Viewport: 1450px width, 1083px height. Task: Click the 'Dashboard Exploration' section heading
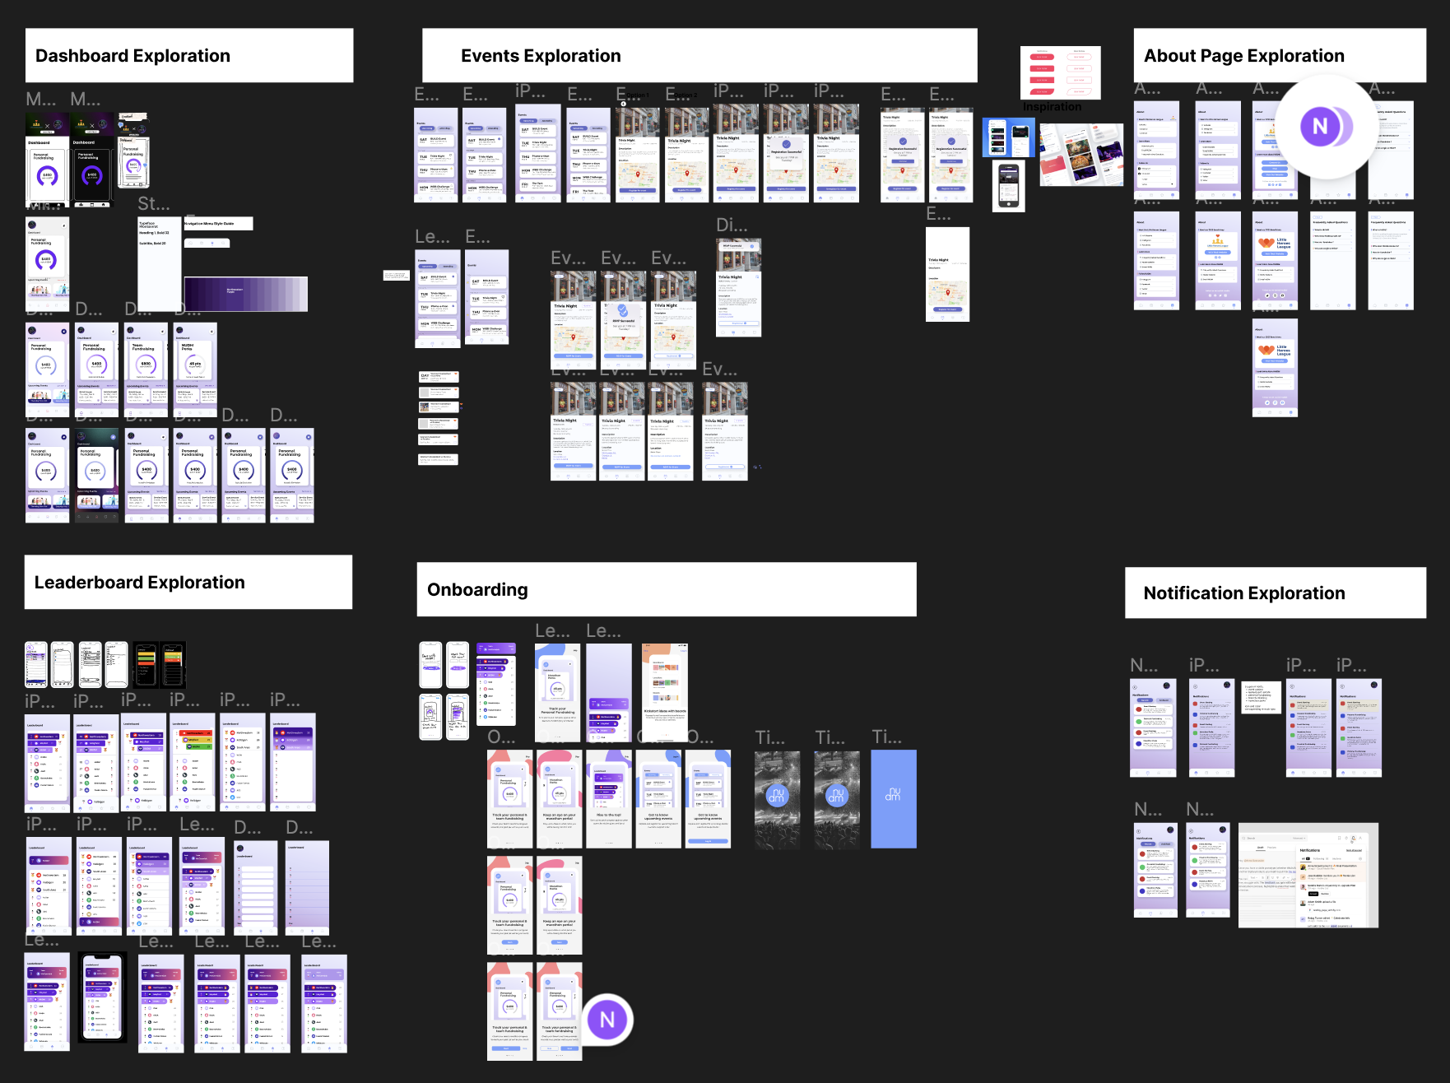click(x=132, y=56)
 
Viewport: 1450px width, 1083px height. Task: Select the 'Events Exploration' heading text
click(x=541, y=56)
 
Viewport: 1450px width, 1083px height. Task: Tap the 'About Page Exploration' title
click(x=1243, y=56)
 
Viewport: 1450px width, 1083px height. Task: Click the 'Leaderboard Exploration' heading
click(x=139, y=583)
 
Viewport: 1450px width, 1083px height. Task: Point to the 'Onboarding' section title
click(x=477, y=590)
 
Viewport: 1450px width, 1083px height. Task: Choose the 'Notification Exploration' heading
click(x=1243, y=593)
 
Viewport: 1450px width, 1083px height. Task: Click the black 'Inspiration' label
click(x=1052, y=107)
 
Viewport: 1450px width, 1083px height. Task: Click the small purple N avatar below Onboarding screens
click(x=607, y=1020)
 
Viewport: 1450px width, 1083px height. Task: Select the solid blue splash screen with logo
click(x=893, y=798)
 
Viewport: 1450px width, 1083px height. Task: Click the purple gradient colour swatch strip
click(x=246, y=294)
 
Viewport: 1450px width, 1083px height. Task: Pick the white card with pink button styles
click(x=1060, y=72)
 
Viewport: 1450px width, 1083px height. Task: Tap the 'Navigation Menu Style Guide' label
click(x=217, y=223)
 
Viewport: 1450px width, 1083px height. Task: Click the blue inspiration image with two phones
click(x=1008, y=137)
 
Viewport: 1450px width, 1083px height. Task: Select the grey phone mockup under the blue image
click(x=1008, y=187)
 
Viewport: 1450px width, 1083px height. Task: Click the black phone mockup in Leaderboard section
click(x=102, y=997)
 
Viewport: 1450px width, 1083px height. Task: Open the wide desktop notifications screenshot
click(x=1308, y=876)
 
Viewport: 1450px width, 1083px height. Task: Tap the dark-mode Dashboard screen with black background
click(x=92, y=160)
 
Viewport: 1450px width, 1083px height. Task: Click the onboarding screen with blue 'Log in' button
click(x=708, y=798)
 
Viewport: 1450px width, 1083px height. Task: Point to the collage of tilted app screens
click(x=1081, y=154)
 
